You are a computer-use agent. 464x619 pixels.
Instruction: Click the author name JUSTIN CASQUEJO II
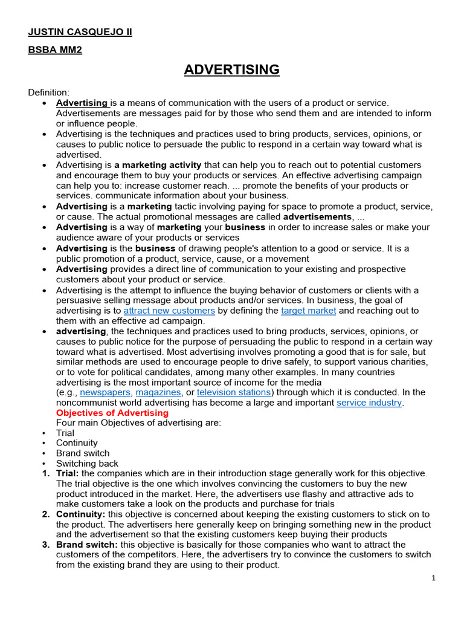coord(80,32)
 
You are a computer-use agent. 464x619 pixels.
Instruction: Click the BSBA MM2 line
coord(55,50)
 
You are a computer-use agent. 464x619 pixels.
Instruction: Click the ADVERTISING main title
coord(231,70)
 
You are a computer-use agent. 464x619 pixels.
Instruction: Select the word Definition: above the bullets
coord(49,92)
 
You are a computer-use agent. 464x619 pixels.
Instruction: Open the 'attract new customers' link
coord(169,311)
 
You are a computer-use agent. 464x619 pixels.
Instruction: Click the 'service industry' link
coord(369,403)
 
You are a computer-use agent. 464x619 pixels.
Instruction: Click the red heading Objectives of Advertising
coord(112,413)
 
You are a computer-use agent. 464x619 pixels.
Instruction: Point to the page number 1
coord(433,578)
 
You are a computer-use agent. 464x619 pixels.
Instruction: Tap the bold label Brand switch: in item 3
coord(87,545)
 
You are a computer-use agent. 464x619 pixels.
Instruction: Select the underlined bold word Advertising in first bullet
coord(82,103)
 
